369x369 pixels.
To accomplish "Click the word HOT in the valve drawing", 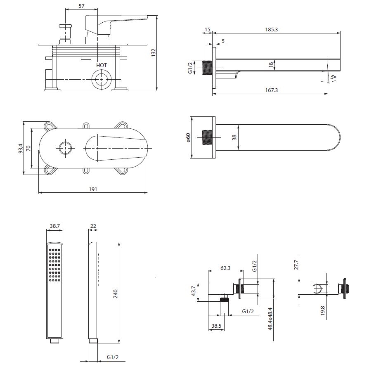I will point(102,65).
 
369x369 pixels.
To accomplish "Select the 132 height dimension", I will point(153,53).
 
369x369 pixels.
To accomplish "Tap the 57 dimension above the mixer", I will point(81,6).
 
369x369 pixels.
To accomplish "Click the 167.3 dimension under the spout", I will point(271,90).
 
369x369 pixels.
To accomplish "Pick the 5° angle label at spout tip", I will point(333,77).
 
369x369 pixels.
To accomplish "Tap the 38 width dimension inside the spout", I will point(234,137).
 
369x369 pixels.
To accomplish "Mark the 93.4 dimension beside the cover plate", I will point(20,148).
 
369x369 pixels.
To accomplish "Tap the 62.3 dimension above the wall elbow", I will point(225,268).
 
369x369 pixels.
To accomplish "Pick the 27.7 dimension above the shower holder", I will point(296,265).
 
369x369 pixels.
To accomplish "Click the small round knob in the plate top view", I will point(65,147).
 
